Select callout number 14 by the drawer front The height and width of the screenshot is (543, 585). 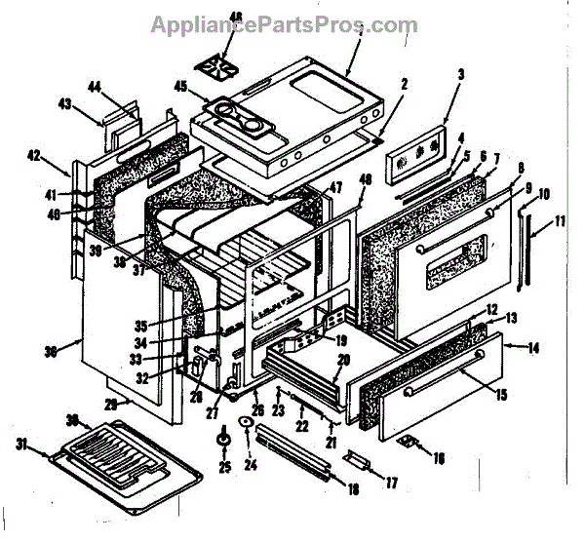click(x=534, y=347)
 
